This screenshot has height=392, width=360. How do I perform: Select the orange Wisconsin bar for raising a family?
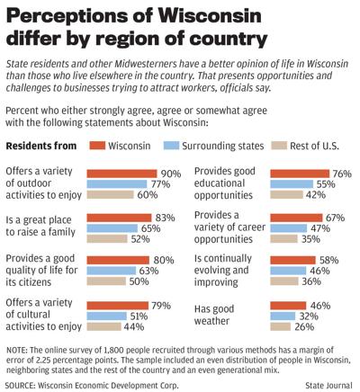point(119,217)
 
